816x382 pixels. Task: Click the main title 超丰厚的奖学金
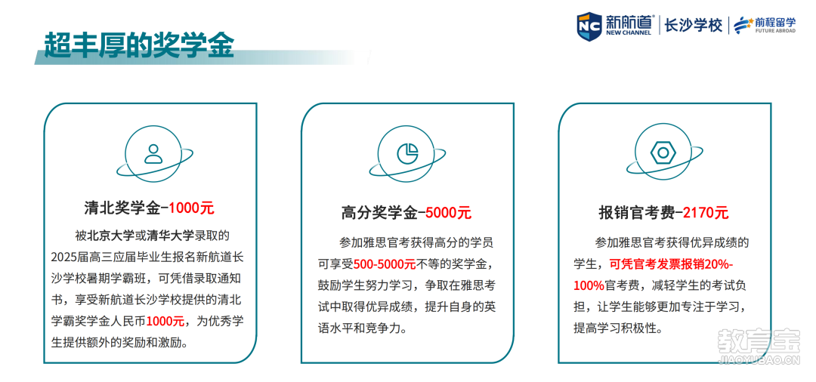[x=139, y=45]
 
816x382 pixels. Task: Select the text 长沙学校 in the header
[x=694, y=25]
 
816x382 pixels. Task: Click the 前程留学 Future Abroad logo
[x=765, y=25]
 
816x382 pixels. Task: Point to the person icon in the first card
[x=153, y=153]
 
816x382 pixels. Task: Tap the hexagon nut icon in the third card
[x=663, y=152]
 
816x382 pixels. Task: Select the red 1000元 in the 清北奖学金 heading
[x=191, y=208]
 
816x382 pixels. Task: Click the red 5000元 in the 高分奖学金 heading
[x=448, y=213]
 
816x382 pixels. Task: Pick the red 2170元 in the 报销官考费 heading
[x=706, y=213]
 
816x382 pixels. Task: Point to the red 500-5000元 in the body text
[x=385, y=264]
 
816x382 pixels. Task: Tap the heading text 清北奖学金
[x=122, y=208]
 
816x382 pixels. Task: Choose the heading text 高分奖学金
[x=379, y=213]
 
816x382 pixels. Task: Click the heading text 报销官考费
[x=637, y=213]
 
